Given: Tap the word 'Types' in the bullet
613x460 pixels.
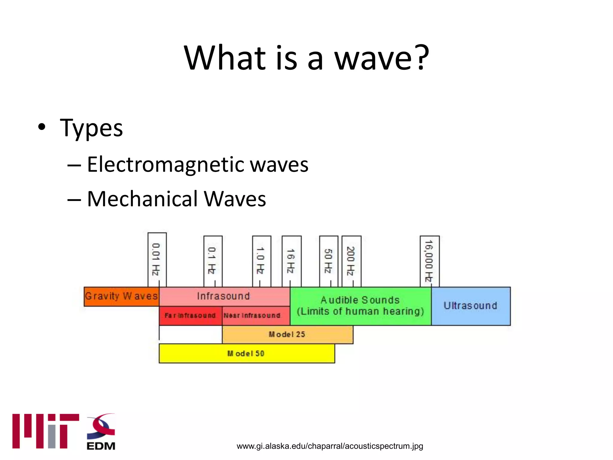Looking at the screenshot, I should click(x=91, y=128).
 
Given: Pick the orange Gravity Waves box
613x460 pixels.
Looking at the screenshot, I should click(x=121, y=296).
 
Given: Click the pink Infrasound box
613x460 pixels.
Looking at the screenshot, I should click(x=224, y=296).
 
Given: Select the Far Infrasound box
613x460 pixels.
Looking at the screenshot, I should click(x=190, y=316).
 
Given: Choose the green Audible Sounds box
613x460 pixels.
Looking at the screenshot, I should click(x=360, y=306).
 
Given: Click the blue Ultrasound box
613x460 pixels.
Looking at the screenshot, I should click(x=471, y=306).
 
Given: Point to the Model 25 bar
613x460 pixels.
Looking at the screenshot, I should click(x=287, y=335).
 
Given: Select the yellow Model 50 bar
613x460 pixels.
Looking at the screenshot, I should click(x=246, y=354).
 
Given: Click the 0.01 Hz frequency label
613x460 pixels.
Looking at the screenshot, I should click(x=157, y=259).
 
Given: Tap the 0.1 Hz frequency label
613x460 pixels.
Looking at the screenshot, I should click(x=213, y=261).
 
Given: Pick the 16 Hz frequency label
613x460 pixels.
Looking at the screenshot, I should click(x=291, y=261).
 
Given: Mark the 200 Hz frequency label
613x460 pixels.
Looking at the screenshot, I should click(x=351, y=261).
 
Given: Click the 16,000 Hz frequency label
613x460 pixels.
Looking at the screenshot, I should click(x=429, y=261).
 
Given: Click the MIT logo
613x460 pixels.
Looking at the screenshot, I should click(x=45, y=431).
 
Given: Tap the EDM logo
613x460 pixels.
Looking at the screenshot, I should click(x=101, y=432).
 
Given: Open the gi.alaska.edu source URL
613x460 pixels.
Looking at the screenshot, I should click(x=330, y=446).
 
